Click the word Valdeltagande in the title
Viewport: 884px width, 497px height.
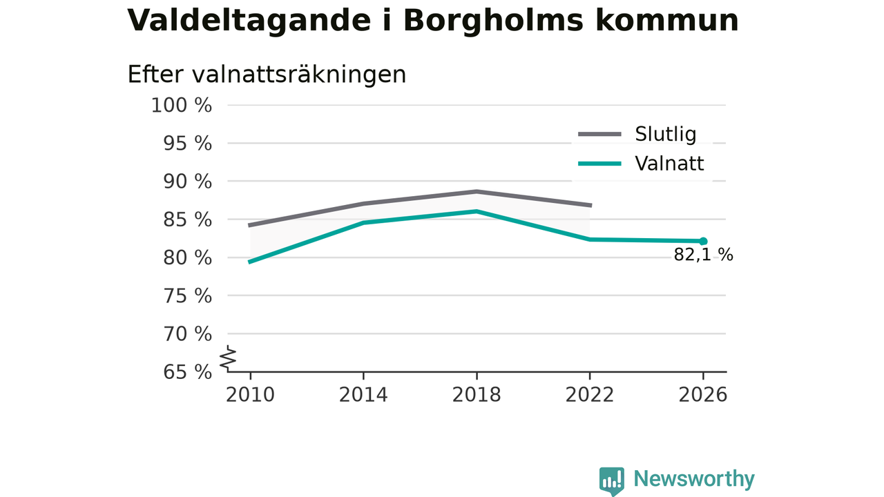pos(249,21)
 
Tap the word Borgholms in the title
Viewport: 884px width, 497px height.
pos(493,21)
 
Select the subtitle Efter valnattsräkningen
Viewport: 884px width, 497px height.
pos(267,75)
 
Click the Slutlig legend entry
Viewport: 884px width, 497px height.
pos(637,134)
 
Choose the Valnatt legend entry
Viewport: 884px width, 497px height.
pos(641,164)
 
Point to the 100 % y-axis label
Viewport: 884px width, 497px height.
pos(182,106)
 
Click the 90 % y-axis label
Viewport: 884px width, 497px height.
pos(187,182)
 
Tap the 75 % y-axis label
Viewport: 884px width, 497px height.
pos(187,296)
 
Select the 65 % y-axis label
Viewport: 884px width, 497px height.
pos(187,372)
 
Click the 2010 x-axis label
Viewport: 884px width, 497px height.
pos(250,395)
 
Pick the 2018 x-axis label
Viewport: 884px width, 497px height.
pos(477,395)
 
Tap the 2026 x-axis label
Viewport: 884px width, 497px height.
pos(703,395)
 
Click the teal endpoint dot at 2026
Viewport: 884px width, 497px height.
pos(703,242)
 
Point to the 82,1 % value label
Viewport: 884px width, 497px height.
pos(703,255)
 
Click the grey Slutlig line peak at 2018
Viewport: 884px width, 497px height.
pos(477,192)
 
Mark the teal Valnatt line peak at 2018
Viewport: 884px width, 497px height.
pos(477,211)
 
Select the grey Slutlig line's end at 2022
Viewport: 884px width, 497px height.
pos(590,206)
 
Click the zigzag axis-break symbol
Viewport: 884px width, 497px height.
pos(228,358)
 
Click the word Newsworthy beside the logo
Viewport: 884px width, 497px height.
pos(694,479)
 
